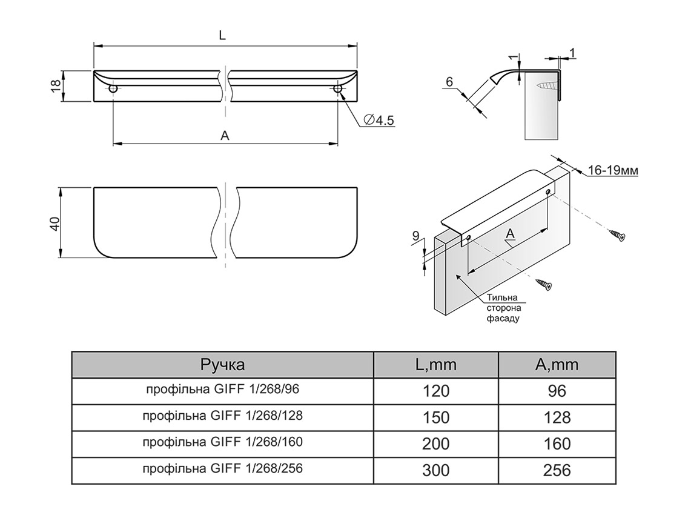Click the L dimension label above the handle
tap(223, 36)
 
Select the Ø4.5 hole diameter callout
tap(380, 121)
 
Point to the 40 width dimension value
tap(55, 223)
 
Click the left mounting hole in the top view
tap(113, 89)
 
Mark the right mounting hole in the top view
tap(338, 89)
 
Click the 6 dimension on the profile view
tap(449, 81)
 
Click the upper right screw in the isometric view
tap(617, 234)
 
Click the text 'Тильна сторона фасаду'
tap(503, 307)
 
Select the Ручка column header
tap(222, 365)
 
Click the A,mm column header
tap(557, 365)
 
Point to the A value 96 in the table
tap(557, 391)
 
